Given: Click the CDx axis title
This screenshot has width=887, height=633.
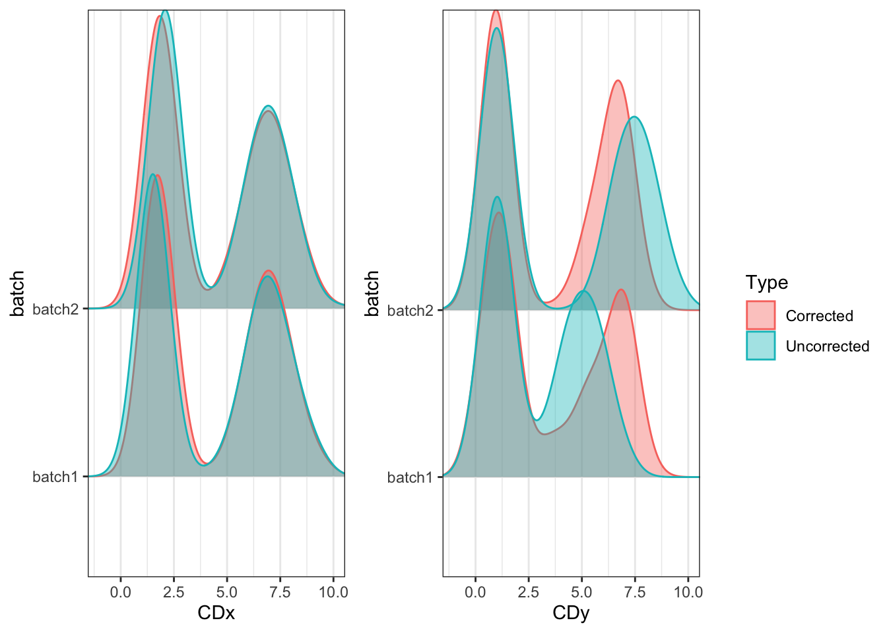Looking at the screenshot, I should (216, 613).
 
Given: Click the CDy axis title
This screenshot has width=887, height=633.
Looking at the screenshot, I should (571, 613).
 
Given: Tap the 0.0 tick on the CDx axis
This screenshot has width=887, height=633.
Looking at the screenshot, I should (120, 592).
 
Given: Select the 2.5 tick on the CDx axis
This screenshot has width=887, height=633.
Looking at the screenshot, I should (174, 592).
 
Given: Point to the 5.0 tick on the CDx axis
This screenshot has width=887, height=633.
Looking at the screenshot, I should (227, 592).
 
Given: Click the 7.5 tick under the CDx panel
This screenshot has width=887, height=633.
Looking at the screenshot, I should (280, 592).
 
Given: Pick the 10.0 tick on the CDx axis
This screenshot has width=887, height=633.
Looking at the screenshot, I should (333, 592).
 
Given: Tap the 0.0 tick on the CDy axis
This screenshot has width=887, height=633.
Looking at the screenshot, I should (475, 592).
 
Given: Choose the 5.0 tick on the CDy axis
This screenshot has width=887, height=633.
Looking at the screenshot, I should (581, 592).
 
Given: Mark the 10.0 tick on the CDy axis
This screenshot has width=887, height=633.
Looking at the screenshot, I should (688, 592).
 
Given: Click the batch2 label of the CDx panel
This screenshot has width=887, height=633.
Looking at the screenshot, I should (55, 309).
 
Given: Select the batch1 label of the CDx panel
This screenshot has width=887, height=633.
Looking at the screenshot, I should (55, 477).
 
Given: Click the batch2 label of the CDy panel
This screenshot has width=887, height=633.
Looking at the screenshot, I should (410, 310).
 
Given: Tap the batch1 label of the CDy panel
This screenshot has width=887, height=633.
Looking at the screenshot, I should (410, 477).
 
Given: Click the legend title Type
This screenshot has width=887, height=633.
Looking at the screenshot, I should (767, 282).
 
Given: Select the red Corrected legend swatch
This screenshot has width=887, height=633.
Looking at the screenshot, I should (760, 315).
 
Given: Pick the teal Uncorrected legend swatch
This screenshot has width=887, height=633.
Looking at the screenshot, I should (760, 346).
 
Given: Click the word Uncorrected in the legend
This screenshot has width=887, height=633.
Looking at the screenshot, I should (828, 346).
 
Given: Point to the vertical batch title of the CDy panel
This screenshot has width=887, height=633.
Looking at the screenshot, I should (372, 293).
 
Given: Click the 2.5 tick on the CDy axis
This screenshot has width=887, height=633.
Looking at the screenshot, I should (529, 592).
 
